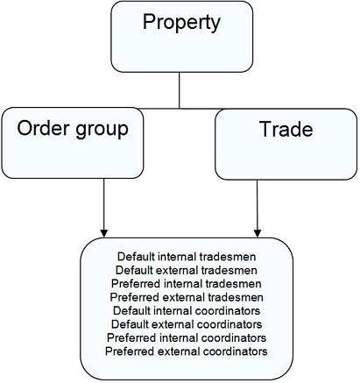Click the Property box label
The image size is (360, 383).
point(181,23)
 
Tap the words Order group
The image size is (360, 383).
point(73,129)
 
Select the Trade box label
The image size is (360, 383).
point(286,129)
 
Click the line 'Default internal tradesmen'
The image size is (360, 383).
point(187,257)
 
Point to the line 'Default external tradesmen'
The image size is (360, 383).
point(187,270)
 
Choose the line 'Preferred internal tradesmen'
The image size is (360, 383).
point(187,283)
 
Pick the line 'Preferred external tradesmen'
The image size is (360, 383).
point(187,297)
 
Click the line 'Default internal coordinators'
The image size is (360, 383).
point(187,310)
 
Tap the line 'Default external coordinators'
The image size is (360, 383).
point(187,324)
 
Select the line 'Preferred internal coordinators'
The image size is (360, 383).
point(187,337)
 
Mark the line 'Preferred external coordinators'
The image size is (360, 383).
point(187,351)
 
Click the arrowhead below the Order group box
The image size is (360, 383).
point(104,233)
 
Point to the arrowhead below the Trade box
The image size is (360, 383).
point(258,233)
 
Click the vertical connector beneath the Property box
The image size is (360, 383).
point(180,90)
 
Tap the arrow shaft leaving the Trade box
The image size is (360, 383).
point(258,204)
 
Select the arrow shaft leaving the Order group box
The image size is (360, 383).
point(104,204)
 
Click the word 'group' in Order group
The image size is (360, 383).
point(102,131)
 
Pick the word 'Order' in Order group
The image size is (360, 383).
point(43,127)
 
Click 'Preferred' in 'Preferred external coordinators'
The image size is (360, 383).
point(131,351)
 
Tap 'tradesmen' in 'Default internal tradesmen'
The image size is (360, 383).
point(228,257)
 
